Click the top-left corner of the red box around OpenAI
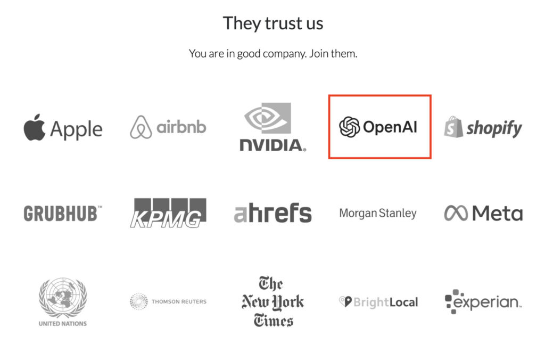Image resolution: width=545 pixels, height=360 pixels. point(329,95)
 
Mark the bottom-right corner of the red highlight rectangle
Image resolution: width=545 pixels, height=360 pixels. point(431,158)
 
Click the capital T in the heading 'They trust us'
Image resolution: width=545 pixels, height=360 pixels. point(229,23)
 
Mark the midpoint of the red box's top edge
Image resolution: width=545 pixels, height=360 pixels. point(380,95)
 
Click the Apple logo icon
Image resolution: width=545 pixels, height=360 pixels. point(35,127)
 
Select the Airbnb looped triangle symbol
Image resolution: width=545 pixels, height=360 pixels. point(141,127)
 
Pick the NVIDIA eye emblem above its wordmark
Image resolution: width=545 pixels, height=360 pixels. point(268,118)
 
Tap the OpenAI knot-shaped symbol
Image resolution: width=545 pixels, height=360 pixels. point(349,127)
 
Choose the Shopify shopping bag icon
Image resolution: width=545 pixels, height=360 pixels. point(453,127)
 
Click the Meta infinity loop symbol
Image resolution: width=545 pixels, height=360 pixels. point(456,213)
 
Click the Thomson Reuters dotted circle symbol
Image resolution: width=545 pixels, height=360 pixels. point(139,301)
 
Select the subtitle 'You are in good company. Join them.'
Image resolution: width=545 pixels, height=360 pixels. point(273,54)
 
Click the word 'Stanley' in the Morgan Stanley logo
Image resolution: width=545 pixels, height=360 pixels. point(397,213)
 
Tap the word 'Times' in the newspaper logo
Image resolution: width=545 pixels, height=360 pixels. point(273,321)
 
